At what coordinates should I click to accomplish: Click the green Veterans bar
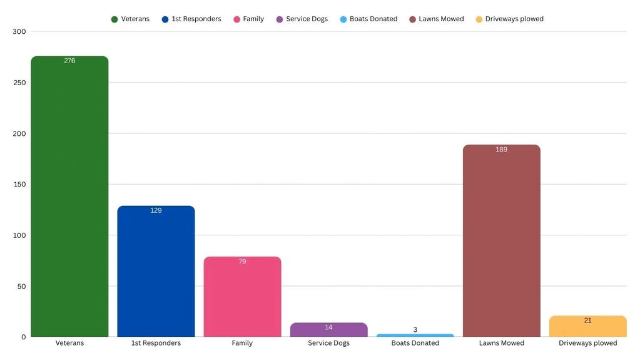pyautogui.click(x=69, y=200)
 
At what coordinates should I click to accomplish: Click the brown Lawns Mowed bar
pyautogui.click(x=501, y=244)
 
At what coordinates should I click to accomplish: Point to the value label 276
pyautogui.click(x=69, y=61)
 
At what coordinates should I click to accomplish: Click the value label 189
pyautogui.click(x=501, y=150)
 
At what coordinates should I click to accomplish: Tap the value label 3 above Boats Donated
pyautogui.click(x=415, y=329)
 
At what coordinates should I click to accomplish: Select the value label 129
pyautogui.click(x=156, y=210)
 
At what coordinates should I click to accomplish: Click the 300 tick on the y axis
pyautogui.click(x=19, y=31)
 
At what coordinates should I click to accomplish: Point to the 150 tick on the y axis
pyautogui.click(x=19, y=184)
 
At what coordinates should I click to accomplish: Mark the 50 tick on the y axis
pyautogui.click(x=21, y=286)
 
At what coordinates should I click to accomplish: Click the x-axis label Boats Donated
pyautogui.click(x=415, y=343)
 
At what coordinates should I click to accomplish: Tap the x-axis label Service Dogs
pyautogui.click(x=328, y=343)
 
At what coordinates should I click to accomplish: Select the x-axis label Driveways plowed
pyautogui.click(x=587, y=343)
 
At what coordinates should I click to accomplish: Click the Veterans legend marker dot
pyautogui.click(x=114, y=19)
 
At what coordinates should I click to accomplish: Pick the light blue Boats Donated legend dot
pyautogui.click(x=343, y=19)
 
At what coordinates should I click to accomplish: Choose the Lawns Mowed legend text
pyautogui.click(x=441, y=19)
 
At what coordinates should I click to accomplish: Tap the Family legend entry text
pyautogui.click(x=253, y=19)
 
